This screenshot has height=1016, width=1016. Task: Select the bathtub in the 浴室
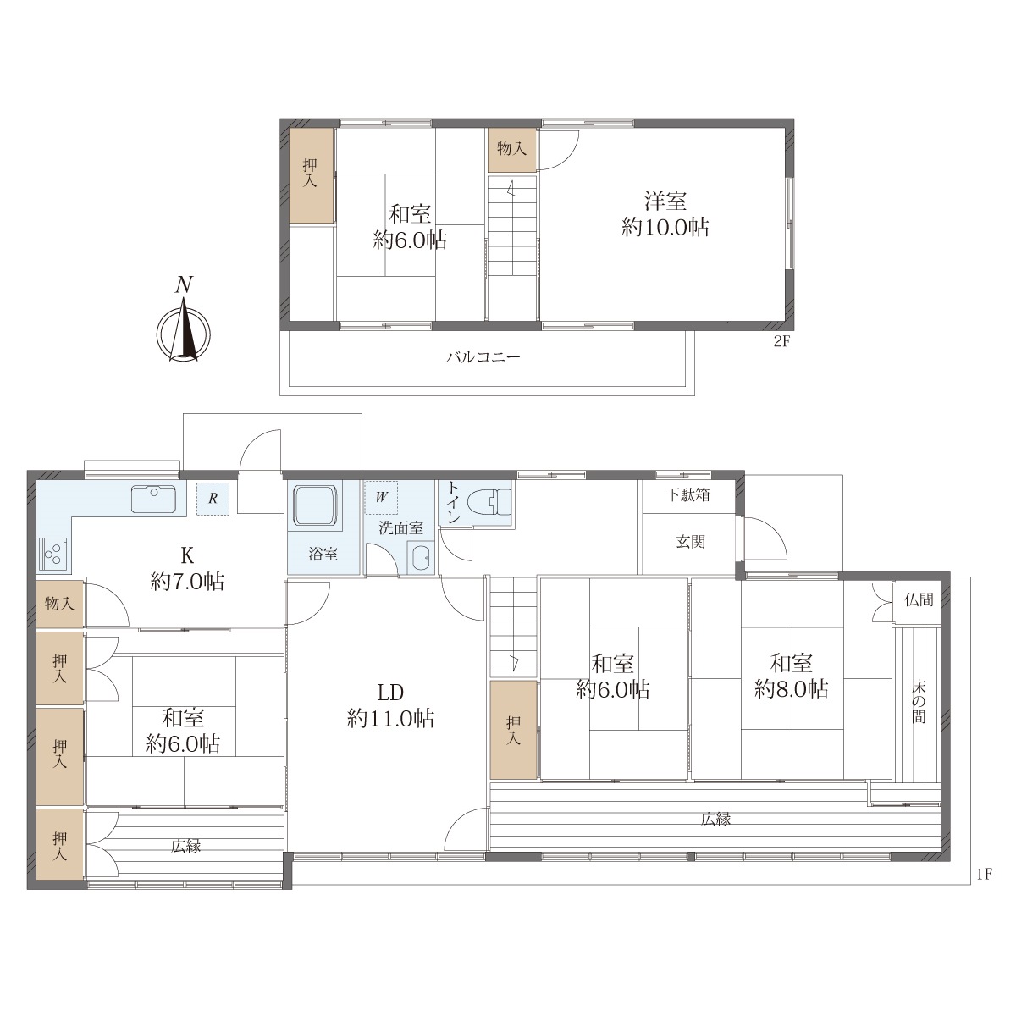pyautogui.click(x=315, y=505)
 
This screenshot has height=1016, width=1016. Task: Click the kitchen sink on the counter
pyautogui.click(x=154, y=498)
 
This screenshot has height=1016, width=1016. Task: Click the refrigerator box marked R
pyautogui.click(x=213, y=498)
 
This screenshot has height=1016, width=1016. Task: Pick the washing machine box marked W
pyautogui.click(x=381, y=497)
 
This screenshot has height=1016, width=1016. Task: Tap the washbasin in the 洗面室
pyautogui.click(x=421, y=558)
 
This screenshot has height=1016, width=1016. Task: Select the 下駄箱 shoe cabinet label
pyautogui.click(x=687, y=495)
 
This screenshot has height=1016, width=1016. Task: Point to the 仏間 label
pyautogui.click(x=919, y=600)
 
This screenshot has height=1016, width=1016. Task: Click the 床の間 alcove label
pyautogui.click(x=919, y=702)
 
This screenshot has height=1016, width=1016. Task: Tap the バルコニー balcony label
pyautogui.click(x=483, y=357)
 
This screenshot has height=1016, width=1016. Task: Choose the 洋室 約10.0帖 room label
pyautogui.click(x=665, y=214)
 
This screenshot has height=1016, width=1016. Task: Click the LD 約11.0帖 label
pyautogui.click(x=390, y=705)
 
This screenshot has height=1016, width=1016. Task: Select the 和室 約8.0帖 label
pyautogui.click(x=791, y=676)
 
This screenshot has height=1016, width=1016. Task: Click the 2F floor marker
pyautogui.click(x=781, y=341)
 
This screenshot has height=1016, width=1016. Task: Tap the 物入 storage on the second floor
pyautogui.click(x=512, y=150)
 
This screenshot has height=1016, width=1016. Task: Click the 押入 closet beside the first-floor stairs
pyautogui.click(x=514, y=730)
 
